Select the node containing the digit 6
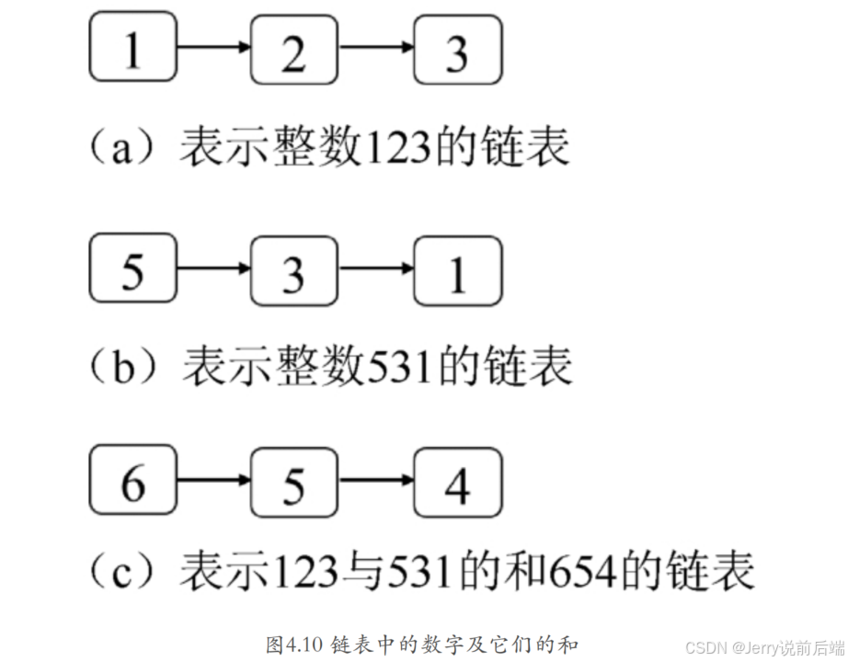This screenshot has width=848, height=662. (x=132, y=481)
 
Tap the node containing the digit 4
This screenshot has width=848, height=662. (x=457, y=481)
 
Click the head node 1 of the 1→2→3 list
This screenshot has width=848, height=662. (x=132, y=48)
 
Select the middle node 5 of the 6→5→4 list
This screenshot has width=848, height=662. (x=294, y=482)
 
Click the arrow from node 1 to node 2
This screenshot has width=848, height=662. (x=213, y=46)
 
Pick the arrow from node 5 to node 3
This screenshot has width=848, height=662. (x=213, y=268)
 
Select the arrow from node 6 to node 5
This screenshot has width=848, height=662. (x=213, y=479)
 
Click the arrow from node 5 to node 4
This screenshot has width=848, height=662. (x=376, y=479)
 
